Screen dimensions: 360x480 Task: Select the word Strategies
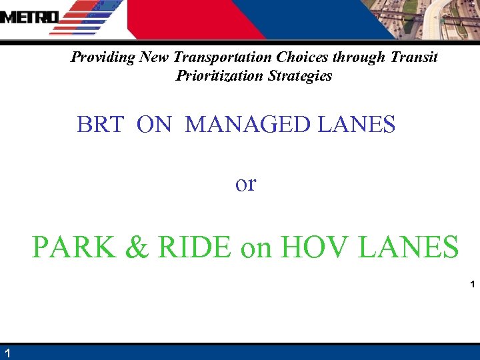point(299,76)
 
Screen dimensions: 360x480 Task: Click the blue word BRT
point(100,125)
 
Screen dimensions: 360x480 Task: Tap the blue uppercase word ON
point(154,125)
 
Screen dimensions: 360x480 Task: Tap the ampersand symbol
point(136,247)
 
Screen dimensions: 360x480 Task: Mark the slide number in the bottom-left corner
point(6,353)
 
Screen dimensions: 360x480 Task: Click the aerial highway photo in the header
point(427,20)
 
